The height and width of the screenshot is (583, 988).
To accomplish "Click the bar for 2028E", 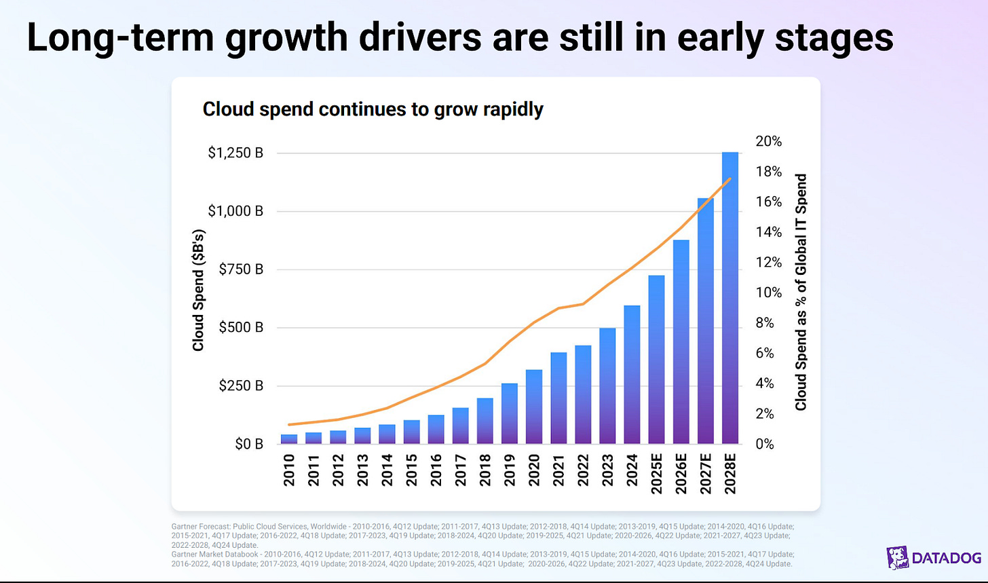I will [729, 299].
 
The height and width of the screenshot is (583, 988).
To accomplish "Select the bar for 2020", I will [533, 407].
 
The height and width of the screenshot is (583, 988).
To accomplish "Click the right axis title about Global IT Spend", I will [801, 292].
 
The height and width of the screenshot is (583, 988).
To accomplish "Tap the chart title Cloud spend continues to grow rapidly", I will [373, 110].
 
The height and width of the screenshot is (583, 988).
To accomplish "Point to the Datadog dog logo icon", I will [897, 558].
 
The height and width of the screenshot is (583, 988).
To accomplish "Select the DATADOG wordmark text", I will [946, 559].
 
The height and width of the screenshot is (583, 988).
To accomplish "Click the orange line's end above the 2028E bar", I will [729, 179].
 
